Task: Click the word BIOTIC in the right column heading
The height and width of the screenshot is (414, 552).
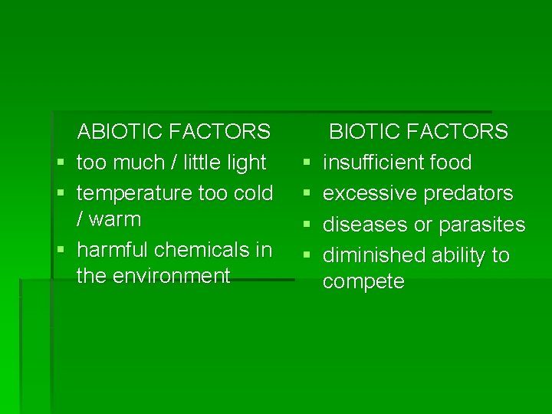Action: (366, 132)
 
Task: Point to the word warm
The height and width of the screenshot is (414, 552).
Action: (116, 219)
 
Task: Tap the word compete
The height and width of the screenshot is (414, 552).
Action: (363, 282)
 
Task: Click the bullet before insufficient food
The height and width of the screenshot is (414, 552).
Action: (307, 163)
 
